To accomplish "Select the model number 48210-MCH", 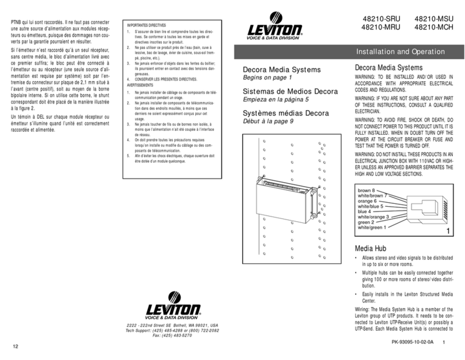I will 433,27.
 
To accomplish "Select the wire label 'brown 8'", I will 367,190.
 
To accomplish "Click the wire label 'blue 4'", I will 364,211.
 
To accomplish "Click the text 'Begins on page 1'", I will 268,77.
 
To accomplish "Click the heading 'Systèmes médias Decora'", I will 285,113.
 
